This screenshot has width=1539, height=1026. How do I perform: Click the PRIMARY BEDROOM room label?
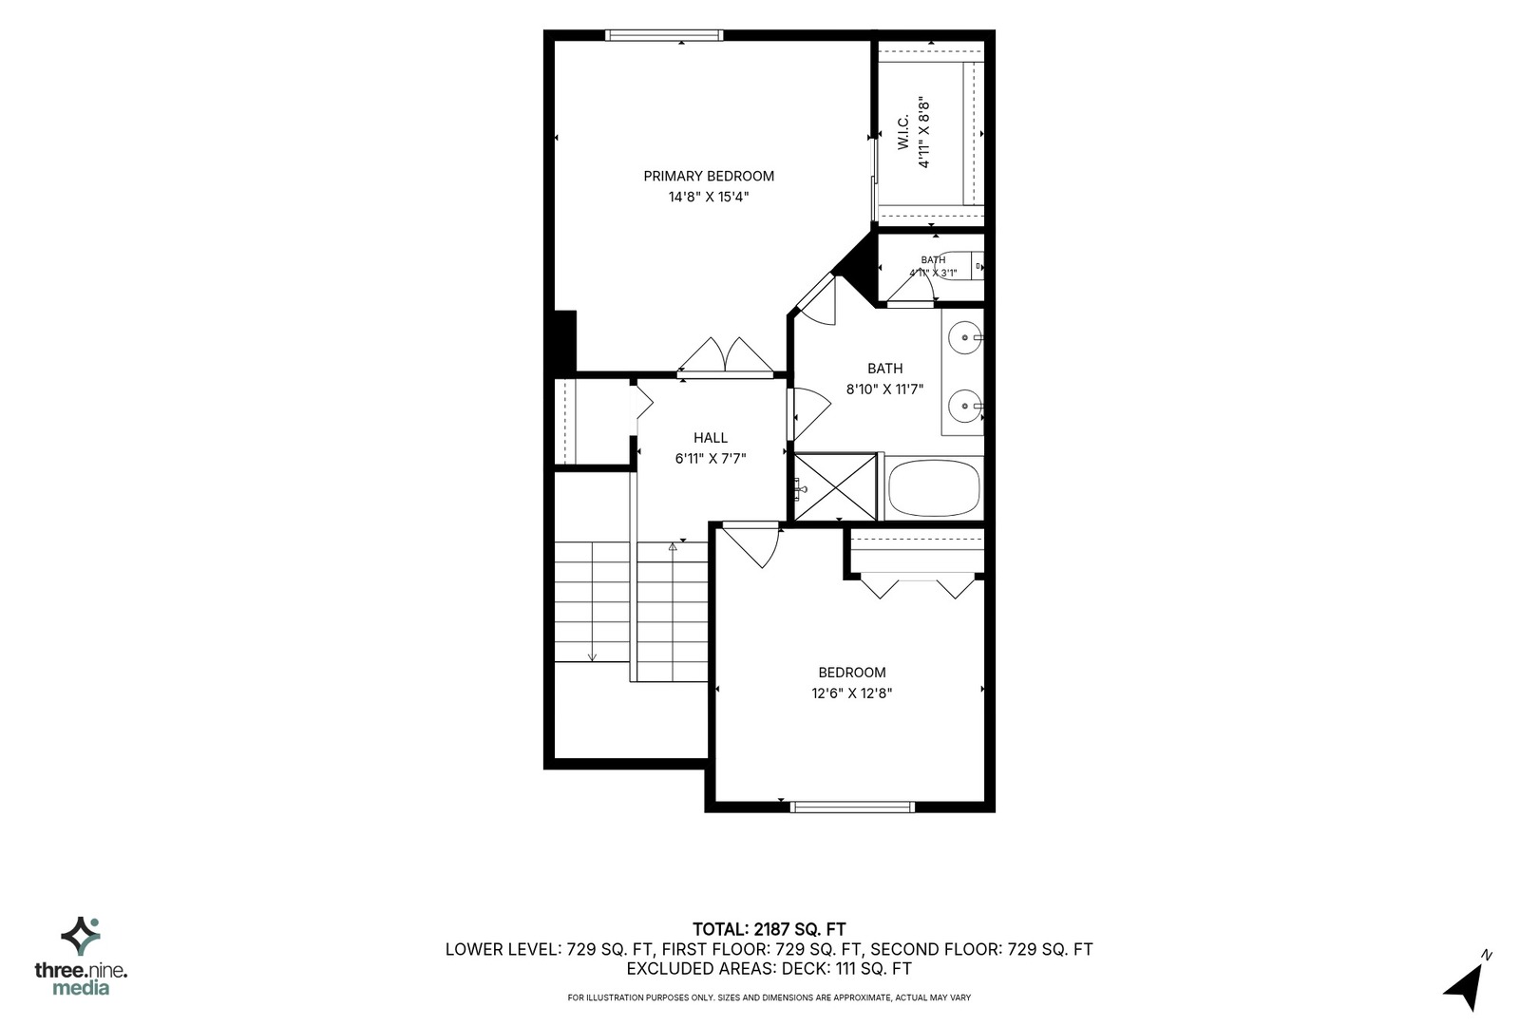pyautogui.click(x=709, y=176)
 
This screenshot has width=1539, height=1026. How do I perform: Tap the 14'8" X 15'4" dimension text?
pyautogui.click(x=709, y=198)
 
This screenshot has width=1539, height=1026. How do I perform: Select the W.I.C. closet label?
pyautogui.click(x=902, y=133)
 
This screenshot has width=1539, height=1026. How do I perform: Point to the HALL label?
pyautogui.click(x=711, y=438)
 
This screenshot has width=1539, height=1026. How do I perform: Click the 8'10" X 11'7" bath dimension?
pyautogui.click(x=884, y=389)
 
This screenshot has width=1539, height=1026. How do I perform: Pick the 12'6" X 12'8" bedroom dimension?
pyautogui.click(x=852, y=693)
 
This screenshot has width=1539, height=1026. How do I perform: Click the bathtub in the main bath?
pyautogui.click(x=934, y=488)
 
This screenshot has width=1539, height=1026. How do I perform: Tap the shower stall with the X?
pyautogui.click(x=835, y=486)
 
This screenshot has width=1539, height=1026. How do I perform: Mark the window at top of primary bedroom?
pyautogui.click(x=664, y=35)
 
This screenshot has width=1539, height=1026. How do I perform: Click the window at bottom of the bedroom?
pyautogui.click(x=852, y=807)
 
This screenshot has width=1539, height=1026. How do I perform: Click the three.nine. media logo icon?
pyautogui.click(x=81, y=937)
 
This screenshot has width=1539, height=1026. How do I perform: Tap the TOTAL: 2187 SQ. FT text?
pyautogui.click(x=769, y=930)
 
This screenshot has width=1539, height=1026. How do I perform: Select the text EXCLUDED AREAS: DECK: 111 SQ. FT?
pyautogui.click(x=769, y=969)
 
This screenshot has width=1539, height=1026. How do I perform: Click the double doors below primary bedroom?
pyautogui.click(x=726, y=357)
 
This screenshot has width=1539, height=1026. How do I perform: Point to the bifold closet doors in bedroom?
pyautogui.click(x=917, y=585)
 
